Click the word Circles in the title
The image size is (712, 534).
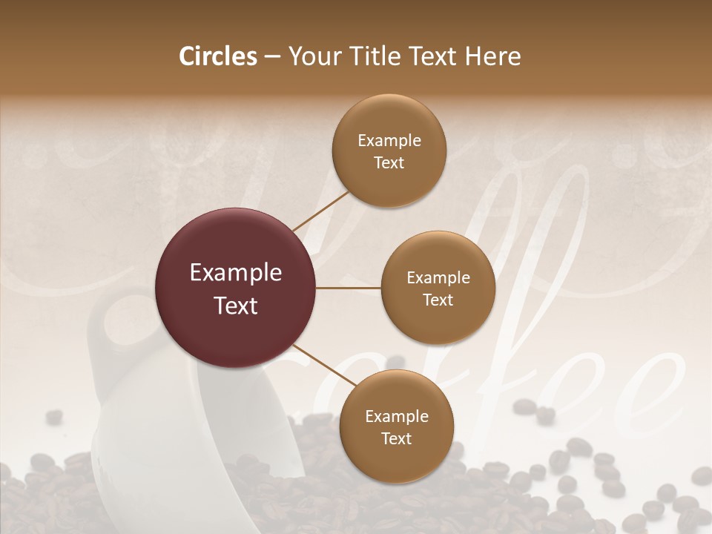pos(217,56)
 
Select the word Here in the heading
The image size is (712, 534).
pos(491,56)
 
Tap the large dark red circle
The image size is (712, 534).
pos(236,288)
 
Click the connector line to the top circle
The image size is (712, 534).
pos(320,211)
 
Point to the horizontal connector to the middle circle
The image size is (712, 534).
pos(349,288)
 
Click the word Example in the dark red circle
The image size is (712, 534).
pos(236,273)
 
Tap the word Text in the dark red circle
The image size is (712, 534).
pos(236,306)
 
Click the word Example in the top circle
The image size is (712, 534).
pos(389,141)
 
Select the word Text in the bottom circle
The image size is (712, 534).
pos(396,438)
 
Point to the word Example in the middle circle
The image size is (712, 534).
pos(438,278)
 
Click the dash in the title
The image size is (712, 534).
pos(271,57)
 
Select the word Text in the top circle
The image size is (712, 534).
pos(389,162)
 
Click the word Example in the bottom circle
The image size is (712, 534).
pos(396,417)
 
